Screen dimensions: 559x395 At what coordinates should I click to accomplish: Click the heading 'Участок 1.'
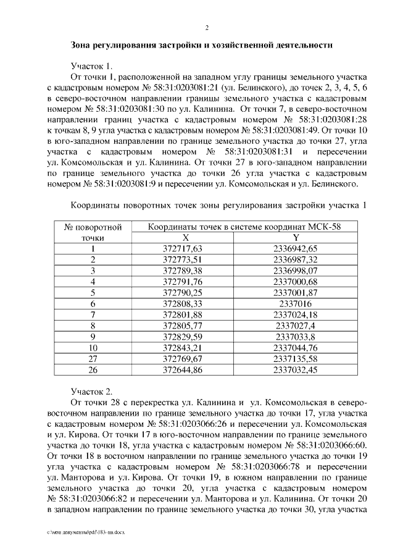[x=92, y=66]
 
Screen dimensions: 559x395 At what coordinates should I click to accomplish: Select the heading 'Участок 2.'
[x=92, y=391]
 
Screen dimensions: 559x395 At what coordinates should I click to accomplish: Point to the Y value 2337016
[x=296, y=304]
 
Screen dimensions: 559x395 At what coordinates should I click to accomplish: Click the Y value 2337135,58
[x=296, y=359]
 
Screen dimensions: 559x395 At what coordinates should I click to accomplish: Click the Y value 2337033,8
[x=296, y=337]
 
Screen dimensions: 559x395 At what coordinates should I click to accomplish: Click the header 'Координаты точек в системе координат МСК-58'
[x=244, y=227]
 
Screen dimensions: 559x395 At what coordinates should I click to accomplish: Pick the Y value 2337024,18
[x=296, y=315]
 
